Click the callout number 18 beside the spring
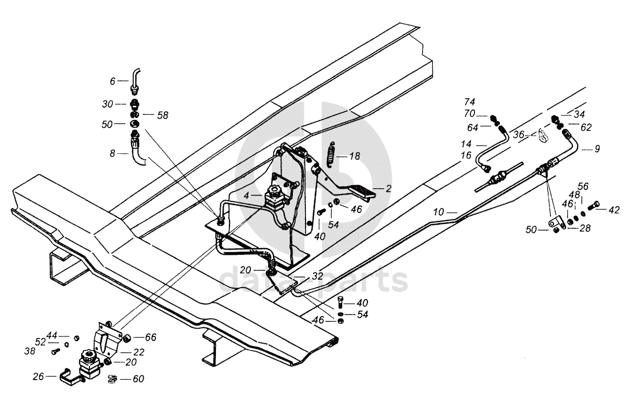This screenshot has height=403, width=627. coord(355,156)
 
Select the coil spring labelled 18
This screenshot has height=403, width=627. coord(331,155)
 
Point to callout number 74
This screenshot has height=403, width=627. coord(469,101)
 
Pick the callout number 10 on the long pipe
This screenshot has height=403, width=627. coord(439,213)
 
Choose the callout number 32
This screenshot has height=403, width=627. coord(317,276)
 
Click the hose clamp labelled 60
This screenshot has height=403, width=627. coord(112,379)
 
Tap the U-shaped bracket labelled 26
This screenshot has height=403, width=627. coord(72,376)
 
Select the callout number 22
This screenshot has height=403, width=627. coord(138,352)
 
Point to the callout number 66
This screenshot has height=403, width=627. coord(150,337)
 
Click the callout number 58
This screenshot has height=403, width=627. coord(163,115)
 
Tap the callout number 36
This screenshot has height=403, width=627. coord(518,135)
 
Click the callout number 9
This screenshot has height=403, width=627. coord(597,149)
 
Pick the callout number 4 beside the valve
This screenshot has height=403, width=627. coord(246,196)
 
